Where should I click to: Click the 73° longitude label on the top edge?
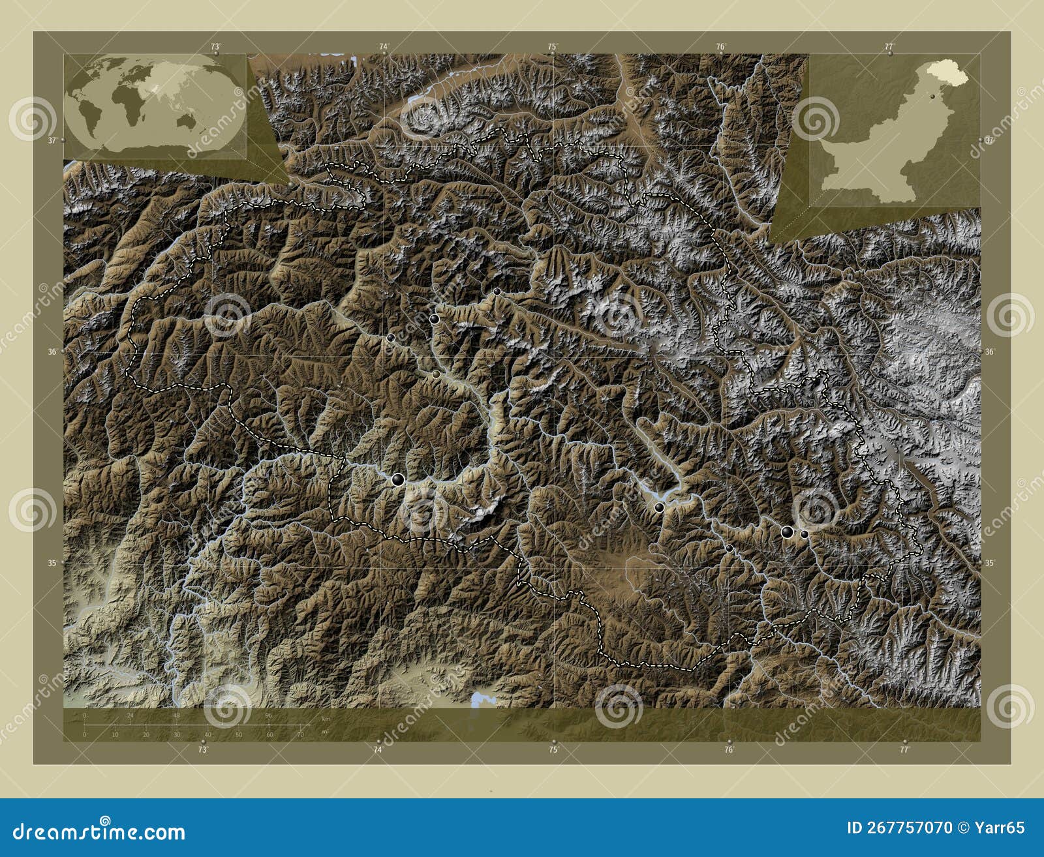tap(215, 47)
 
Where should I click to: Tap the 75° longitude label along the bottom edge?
tap(553, 750)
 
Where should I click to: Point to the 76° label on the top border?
tap(720, 47)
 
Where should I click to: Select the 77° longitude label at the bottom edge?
tap(904, 750)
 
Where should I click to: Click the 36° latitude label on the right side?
tap(989, 352)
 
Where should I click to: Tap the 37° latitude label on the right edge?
tap(989, 140)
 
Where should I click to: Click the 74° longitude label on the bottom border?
tap(378, 750)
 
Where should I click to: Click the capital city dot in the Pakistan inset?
tap(934, 96)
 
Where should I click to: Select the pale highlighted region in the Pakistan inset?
tap(947, 71)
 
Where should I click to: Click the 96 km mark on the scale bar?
tap(268, 715)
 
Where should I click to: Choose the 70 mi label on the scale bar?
tap(300, 735)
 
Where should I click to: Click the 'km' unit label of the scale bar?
tap(326, 718)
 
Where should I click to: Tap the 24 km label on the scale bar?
tap(130, 715)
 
